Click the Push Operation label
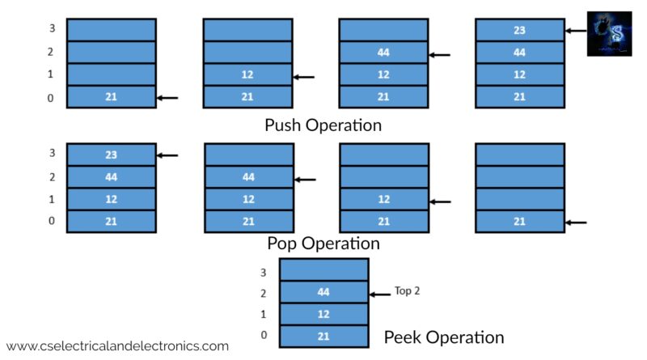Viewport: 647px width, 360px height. (323, 125)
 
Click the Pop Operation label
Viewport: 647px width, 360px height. (323, 243)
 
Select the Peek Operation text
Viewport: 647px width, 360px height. (443, 337)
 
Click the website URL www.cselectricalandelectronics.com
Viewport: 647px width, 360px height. (117, 345)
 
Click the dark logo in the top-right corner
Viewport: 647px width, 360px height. (609, 33)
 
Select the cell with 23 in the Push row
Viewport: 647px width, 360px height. (519, 31)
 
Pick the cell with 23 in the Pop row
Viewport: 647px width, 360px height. (111, 155)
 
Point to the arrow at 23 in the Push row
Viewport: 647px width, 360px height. (576, 31)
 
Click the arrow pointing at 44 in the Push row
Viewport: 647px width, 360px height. (439, 55)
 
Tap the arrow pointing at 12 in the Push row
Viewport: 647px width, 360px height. (303, 77)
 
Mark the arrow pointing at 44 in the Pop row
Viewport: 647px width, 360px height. (305, 180)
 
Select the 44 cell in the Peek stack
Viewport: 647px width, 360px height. (323, 292)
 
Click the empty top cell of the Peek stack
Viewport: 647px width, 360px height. (323, 269)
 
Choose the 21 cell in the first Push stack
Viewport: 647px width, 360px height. (111, 97)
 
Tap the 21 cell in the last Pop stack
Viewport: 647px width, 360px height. (519, 221)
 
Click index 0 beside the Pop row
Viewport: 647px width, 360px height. (52, 221)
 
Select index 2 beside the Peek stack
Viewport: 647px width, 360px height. (262, 293)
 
